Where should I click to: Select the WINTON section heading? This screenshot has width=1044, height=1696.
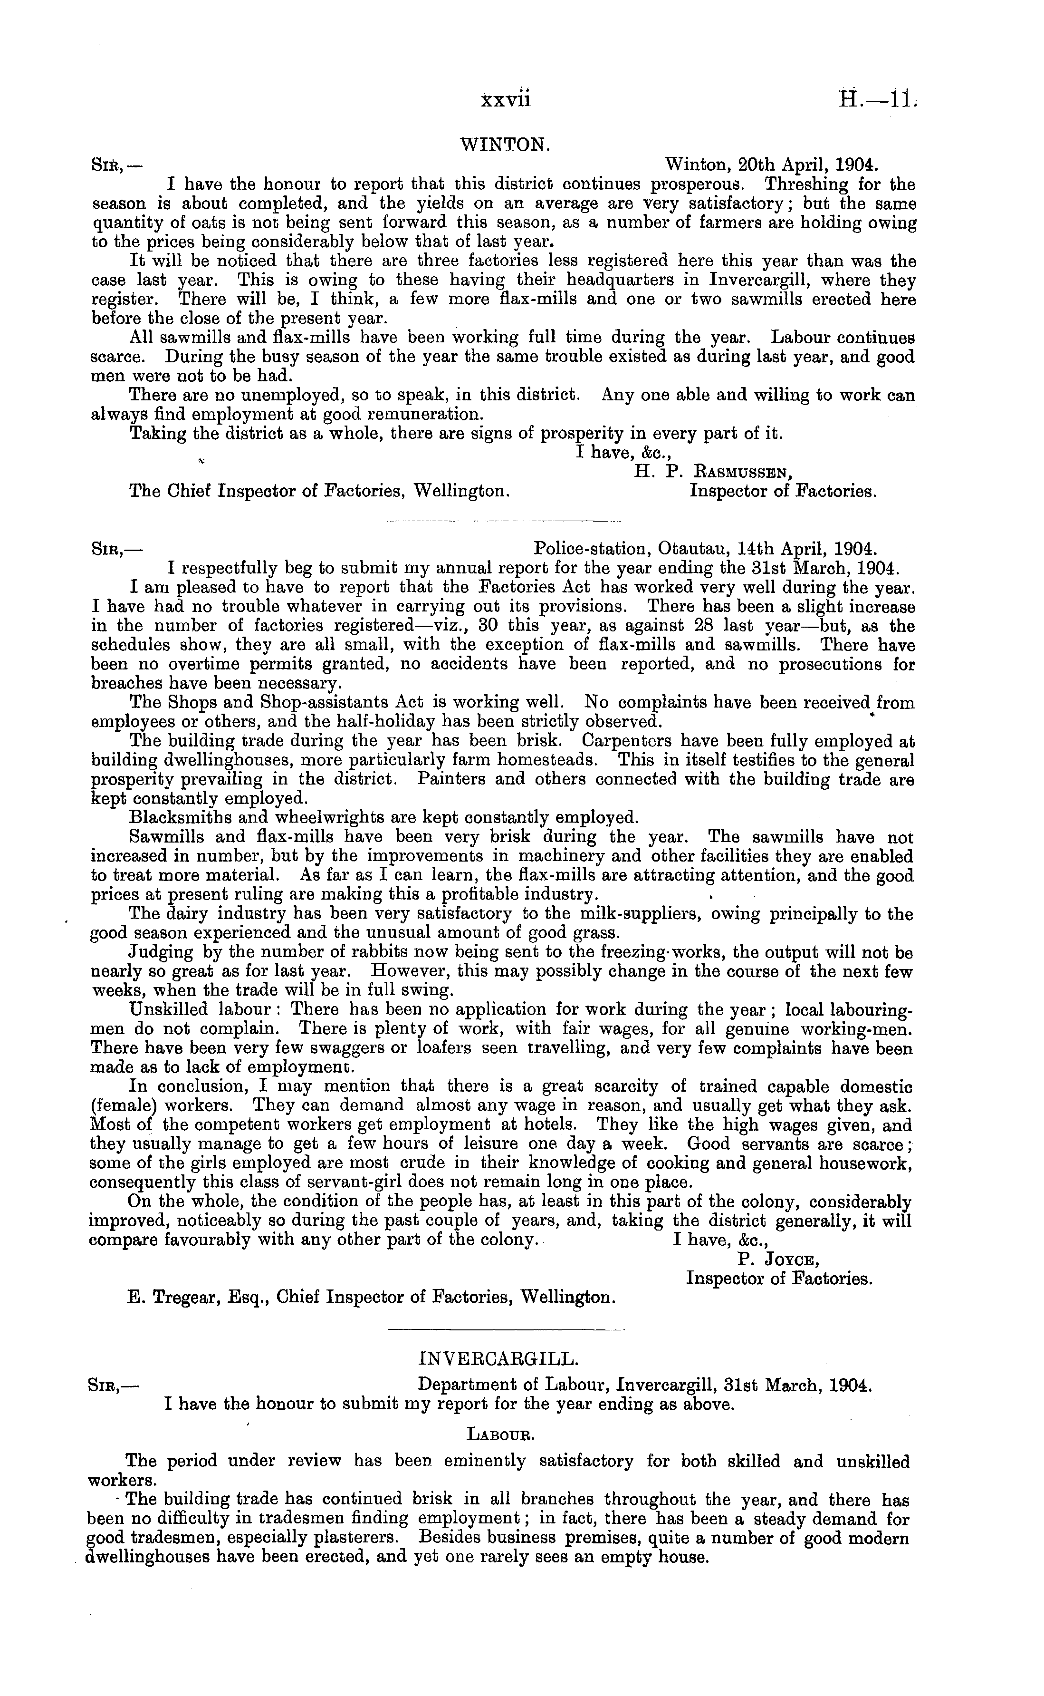(x=505, y=145)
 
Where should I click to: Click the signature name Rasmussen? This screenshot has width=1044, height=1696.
(x=742, y=473)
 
